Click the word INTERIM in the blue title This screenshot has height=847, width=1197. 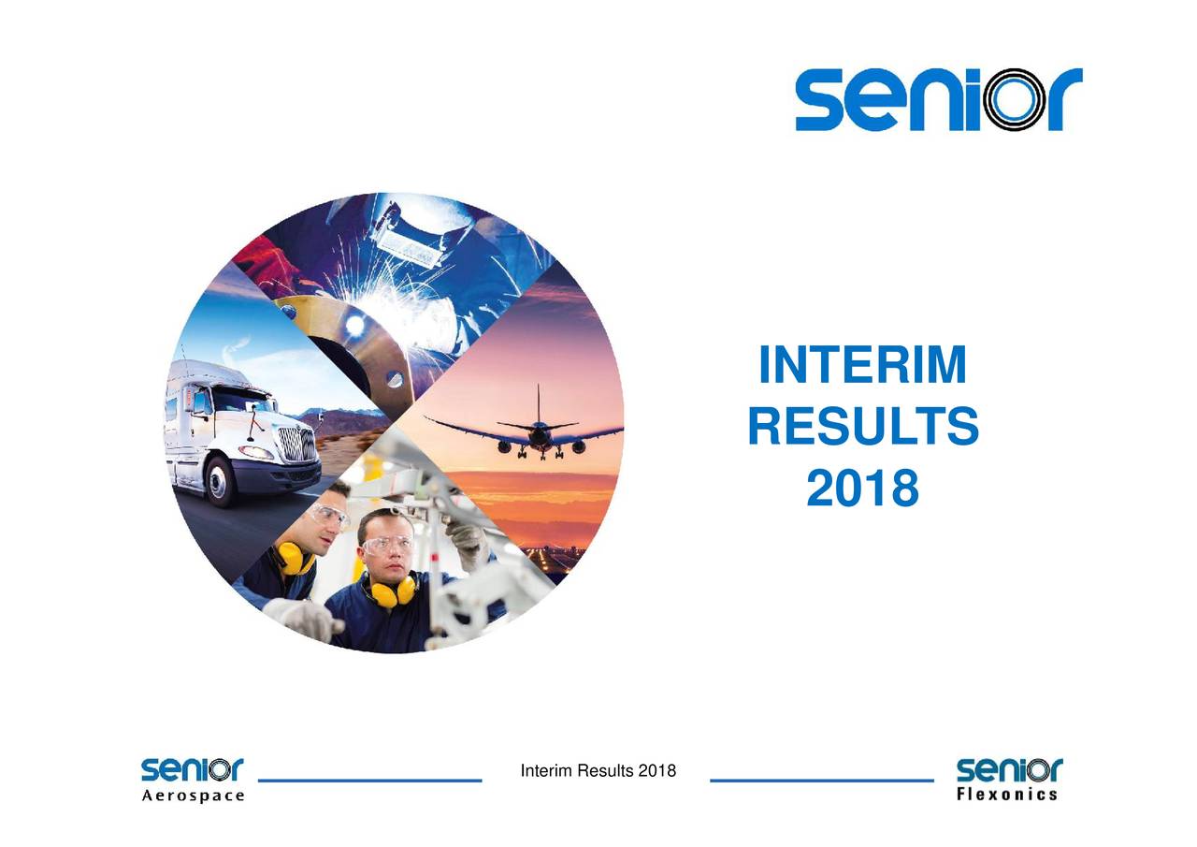tap(862, 367)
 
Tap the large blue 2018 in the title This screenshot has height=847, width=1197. tap(862, 489)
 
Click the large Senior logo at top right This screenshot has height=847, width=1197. tap(938, 99)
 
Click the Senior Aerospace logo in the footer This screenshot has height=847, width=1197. tap(193, 780)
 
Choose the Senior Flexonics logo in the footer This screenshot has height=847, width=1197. tap(1009, 780)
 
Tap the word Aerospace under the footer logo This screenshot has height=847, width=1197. tap(193, 796)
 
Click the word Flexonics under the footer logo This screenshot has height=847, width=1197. tap(1009, 796)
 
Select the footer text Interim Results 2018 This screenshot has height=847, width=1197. tap(598, 771)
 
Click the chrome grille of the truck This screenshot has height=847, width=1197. tap(297, 444)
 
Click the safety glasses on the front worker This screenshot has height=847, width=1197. tap(388, 546)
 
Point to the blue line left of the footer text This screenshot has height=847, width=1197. tap(368, 780)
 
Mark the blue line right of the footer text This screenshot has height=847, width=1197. tap(822, 780)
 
